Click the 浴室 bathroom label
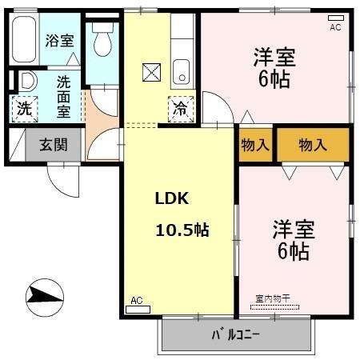(59, 41)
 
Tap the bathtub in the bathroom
(24, 39)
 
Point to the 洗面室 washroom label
(64, 97)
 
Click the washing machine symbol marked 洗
(25, 109)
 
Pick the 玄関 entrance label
(54, 145)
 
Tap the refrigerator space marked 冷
(181, 109)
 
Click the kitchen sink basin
(182, 72)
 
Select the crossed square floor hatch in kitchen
(151, 72)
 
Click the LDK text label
(172, 198)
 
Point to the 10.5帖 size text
(182, 230)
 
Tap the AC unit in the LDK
(138, 310)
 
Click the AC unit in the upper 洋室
(336, 18)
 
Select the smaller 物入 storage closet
(255, 145)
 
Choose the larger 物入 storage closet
(313, 145)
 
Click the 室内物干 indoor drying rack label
(273, 298)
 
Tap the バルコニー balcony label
(236, 334)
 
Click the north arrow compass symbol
(45, 298)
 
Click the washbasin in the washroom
(28, 80)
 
